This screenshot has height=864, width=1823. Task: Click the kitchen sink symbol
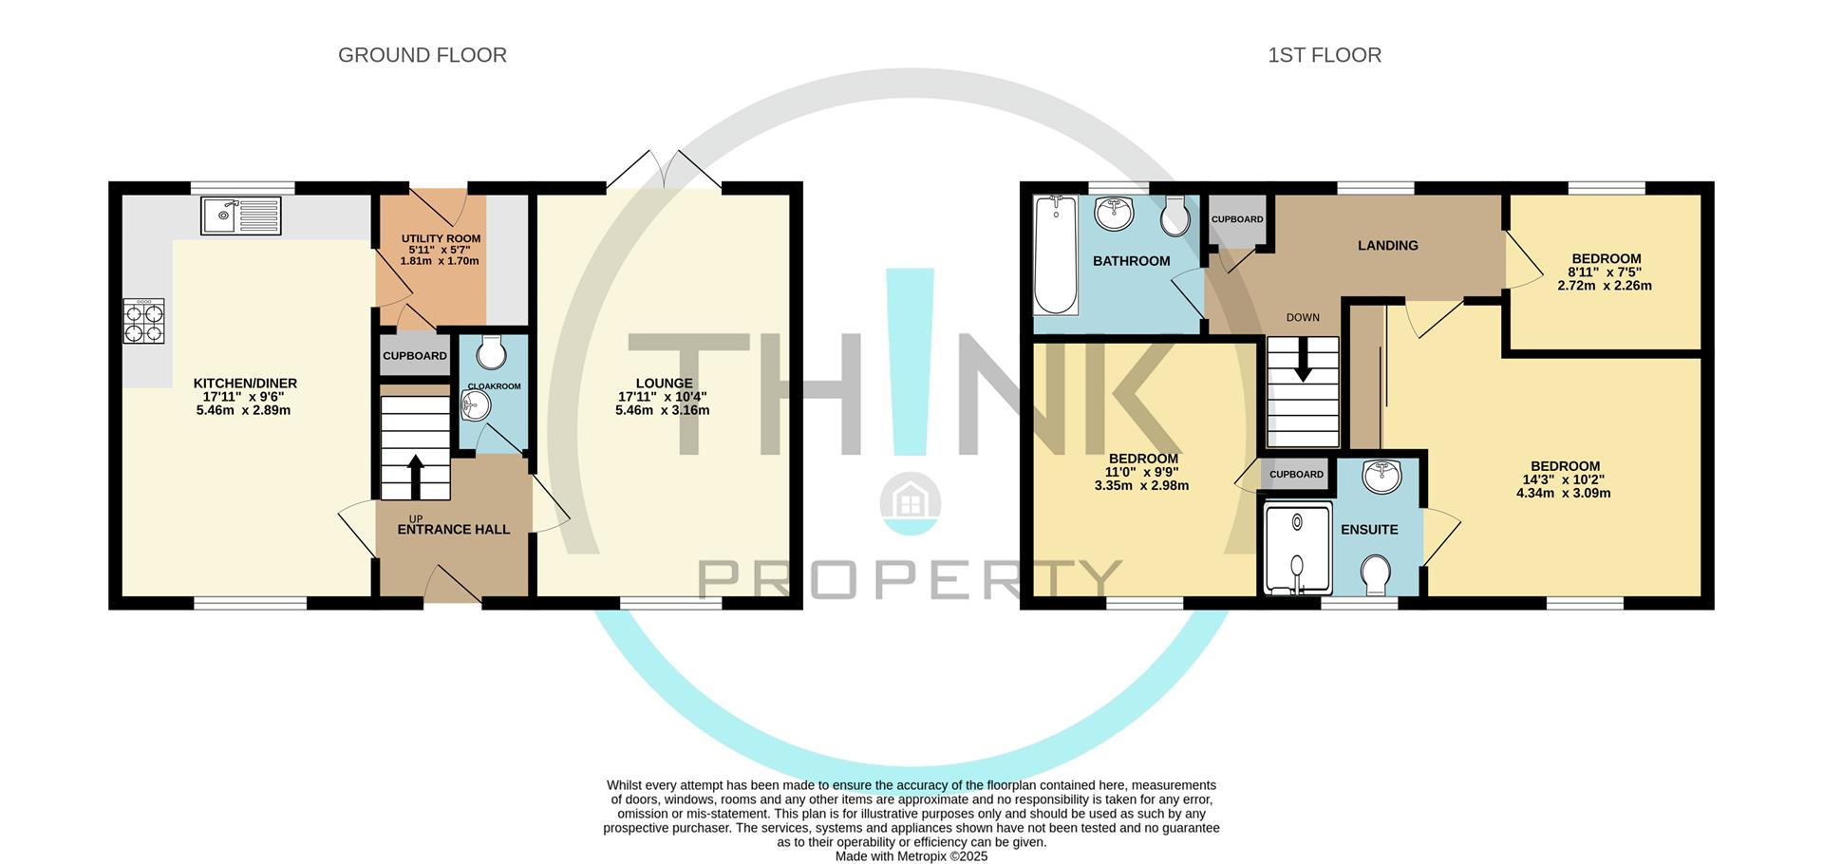tap(241, 216)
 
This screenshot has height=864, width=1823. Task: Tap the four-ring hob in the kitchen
tap(143, 321)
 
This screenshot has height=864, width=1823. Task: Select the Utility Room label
tap(441, 238)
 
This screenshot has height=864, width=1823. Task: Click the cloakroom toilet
tap(491, 352)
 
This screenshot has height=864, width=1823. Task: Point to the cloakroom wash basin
tap(475, 406)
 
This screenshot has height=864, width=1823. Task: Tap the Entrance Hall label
tap(453, 530)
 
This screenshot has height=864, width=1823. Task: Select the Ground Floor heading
tap(422, 55)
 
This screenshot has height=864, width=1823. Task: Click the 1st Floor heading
tap(1324, 55)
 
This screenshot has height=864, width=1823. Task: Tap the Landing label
tap(1387, 245)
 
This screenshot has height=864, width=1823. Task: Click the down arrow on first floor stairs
tap(1303, 364)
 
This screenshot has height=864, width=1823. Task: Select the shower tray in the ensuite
tap(1295, 548)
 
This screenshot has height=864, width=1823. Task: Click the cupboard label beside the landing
tap(1237, 219)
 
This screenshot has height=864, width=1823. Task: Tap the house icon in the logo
tap(910, 498)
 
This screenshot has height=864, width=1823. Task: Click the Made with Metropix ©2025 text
tap(911, 856)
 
